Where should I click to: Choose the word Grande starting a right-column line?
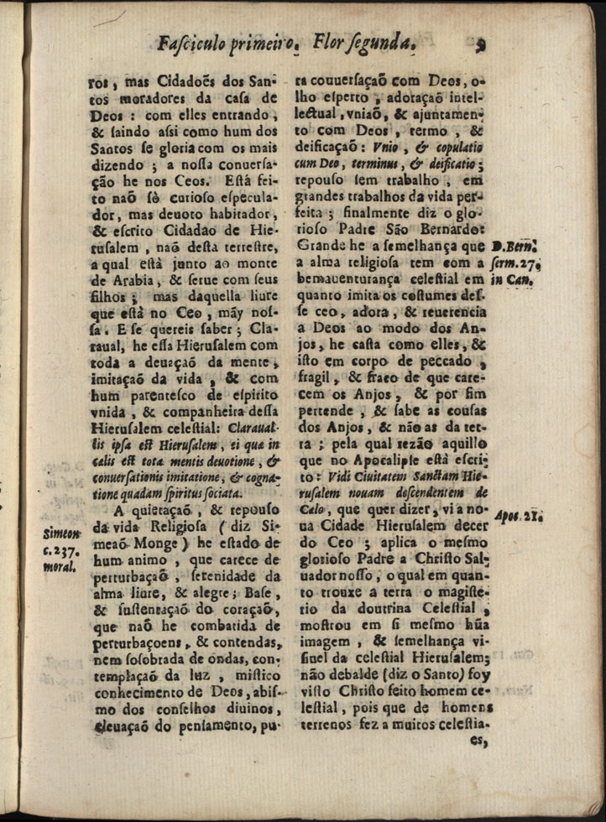click(321, 247)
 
